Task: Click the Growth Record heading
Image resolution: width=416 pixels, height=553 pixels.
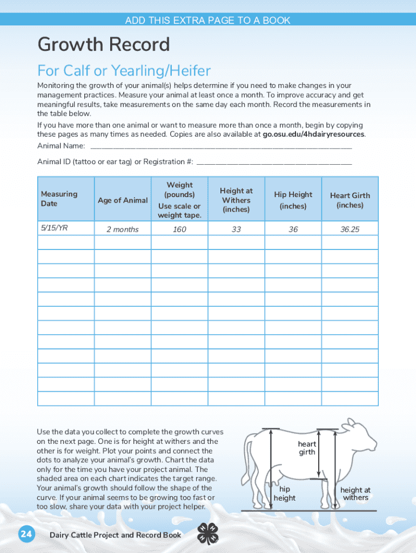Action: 103,44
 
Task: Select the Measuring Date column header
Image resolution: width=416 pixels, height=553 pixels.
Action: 59,199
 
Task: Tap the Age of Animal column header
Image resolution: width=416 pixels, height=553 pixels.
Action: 123,200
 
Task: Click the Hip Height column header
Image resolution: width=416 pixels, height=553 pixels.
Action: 293,200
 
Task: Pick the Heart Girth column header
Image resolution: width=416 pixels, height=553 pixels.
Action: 350,200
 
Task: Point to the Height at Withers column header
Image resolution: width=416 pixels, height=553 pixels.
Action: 236,200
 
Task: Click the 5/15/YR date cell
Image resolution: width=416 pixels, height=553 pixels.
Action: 54,228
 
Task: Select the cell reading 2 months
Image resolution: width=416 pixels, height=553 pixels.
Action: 123,230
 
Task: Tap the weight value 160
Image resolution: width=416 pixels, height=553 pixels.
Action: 179,230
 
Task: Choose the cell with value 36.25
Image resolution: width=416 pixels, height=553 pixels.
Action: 350,230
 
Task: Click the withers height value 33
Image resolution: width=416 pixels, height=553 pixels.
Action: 236,230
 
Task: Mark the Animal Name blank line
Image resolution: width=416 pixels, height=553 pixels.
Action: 221,146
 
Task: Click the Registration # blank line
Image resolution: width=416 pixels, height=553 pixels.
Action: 274,161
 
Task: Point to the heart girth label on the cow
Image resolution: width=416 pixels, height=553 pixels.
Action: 307,448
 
